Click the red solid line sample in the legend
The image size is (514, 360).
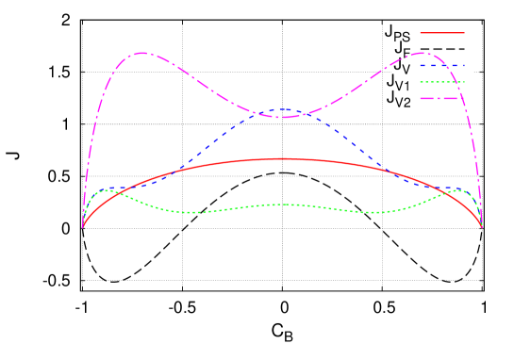coord(442,33)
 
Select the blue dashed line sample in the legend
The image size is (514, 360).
coord(442,66)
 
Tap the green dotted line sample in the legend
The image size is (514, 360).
coord(442,82)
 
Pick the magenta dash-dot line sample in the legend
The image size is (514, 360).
coord(442,98)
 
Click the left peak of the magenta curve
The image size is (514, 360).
coord(141,53)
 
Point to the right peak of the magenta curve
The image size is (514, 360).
coord(423,53)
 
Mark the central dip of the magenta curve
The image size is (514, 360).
coord(283,117)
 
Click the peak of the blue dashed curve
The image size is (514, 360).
coord(283,109)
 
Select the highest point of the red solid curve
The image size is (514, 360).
coord(283,159)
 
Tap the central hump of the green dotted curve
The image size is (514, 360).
coord(283,205)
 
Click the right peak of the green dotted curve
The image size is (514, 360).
coord(458,190)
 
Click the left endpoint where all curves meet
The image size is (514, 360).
coord(83,227)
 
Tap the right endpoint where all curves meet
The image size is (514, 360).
coord(482,227)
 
